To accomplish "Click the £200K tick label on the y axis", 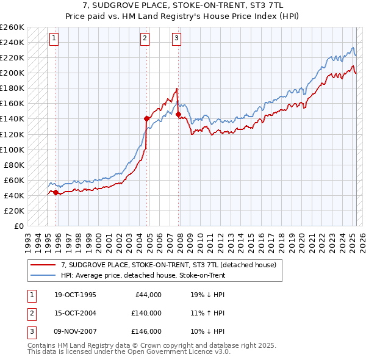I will click(12, 73).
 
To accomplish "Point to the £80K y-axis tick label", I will click(14, 165).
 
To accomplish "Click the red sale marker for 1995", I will click(56, 192).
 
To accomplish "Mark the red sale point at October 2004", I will click(146, 118).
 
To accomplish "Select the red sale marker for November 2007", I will click(178, 114).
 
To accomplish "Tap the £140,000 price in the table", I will click(146, 313).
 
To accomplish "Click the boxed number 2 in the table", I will click(31, 313).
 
